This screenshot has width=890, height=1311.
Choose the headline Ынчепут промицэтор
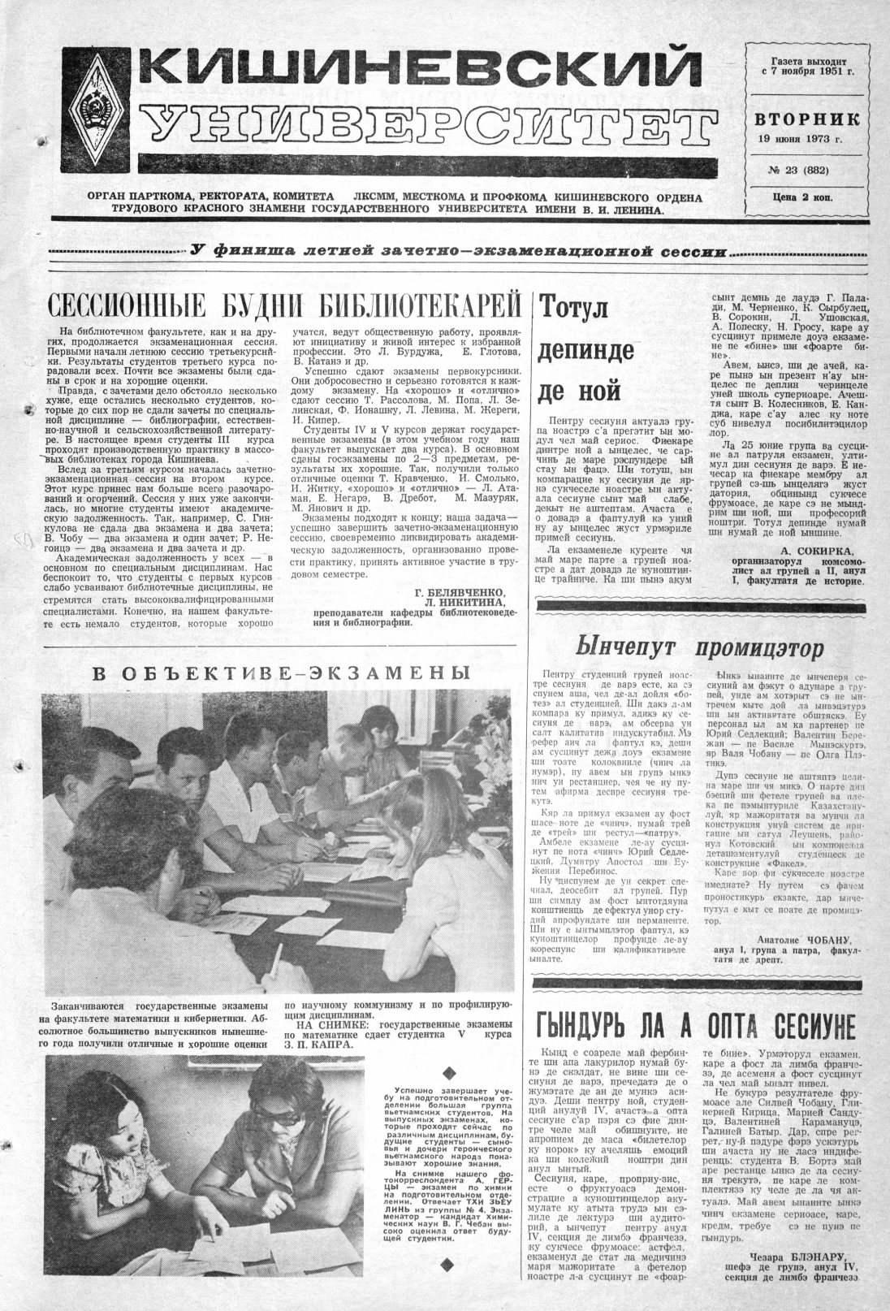[699, 647]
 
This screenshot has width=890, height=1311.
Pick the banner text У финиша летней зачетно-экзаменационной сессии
[457, 251]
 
